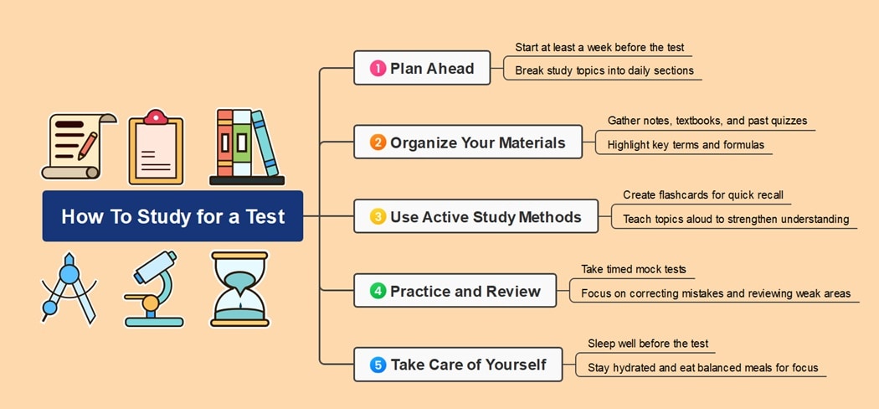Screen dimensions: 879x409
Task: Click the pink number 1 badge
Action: (378, 69)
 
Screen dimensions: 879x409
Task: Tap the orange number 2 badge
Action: (378, 142)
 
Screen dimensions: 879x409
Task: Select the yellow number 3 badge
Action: (378, 217)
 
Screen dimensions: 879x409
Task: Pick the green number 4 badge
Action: (378, 291)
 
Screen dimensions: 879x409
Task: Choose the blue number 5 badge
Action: (378, 365)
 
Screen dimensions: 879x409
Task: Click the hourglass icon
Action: (239, 289)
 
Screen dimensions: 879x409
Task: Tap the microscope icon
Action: (154, 289)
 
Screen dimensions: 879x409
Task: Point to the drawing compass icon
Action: (68, 289)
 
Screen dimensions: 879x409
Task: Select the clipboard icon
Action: (156, 148)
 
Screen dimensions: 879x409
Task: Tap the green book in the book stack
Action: (241, 143)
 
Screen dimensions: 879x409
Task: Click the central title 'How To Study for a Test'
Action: (172, 217)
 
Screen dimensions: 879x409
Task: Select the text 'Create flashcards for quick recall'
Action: (703, 195)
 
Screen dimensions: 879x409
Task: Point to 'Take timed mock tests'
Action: (634, 269)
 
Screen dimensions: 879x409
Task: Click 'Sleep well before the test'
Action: (648, 344)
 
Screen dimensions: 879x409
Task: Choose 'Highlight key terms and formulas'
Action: (686, 145)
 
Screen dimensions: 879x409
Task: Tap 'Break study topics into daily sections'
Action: (604, 71)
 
